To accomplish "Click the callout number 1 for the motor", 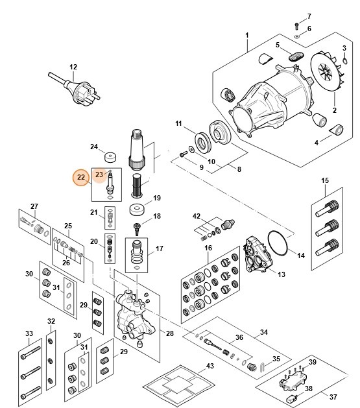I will (247, 34).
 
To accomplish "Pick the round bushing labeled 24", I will (112, 158).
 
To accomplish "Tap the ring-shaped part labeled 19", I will (137, 211).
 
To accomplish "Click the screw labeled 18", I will (137, 227).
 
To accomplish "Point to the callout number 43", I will (210, 366).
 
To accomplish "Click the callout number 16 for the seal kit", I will (208, 248).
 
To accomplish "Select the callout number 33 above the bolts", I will (29, 333).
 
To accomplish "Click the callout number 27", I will (34, 206).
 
